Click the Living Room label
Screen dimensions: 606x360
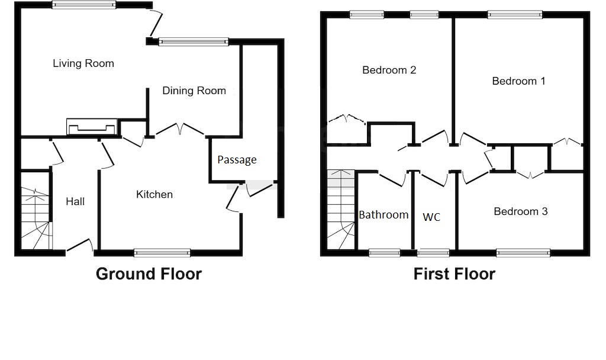(83, 63)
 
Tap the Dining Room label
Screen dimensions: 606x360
(194, 91)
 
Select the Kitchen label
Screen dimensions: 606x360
(154, 194)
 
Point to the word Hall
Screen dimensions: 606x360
(75, 201)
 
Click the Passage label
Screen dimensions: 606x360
(237, 160)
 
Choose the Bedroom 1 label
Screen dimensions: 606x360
(518, 81)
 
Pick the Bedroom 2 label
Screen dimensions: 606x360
(389, 70)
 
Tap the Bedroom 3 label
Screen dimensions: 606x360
(521, 211)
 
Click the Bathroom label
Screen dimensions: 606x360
(383, 214)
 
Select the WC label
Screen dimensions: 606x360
(431, 217)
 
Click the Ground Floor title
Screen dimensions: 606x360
(149, 274)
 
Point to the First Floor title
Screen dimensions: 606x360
(454, 274)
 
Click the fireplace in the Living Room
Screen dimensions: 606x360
(91, 126)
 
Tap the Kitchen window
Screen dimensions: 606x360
(162, 253)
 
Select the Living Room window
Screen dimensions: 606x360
(83, 5)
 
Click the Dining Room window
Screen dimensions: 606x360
(193, 41)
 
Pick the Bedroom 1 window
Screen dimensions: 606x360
(514, 15)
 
